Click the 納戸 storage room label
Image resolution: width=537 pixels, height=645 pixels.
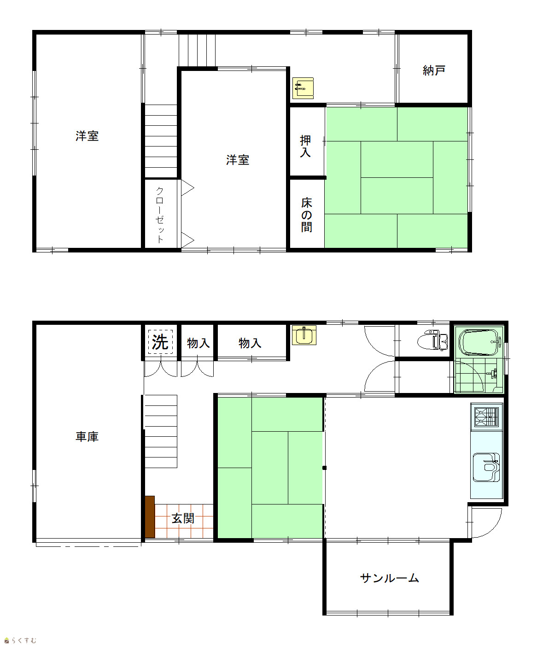pyautogui.click(x=433, y=70)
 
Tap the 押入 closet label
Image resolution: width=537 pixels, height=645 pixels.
pyautogui.click(x=305, y=146)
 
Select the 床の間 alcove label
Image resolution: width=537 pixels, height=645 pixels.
pyautogui.click(x=306, y=215)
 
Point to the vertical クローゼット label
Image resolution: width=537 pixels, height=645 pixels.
pyautogui.click(x=160, y=215)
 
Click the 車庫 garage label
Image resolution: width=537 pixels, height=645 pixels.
pyautogui.click(x=87, y=436)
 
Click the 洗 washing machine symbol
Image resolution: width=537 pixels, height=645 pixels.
pyautogui.click(x=160, y=342)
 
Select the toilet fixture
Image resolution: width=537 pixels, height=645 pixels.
pyautogui.click(x=432, y=340)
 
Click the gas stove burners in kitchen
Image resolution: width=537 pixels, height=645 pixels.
pyautogui.click(x=486, y=417)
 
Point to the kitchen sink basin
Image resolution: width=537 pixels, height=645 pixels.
pyautogui.click(x=486, y=467)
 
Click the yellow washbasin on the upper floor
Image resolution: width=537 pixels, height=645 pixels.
pyautogui.click(x=303, y=88)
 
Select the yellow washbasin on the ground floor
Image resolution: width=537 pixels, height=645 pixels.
pyautogui.click(x=304, y=335)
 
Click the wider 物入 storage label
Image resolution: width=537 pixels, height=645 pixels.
pyautogui.click(x=250, y=343)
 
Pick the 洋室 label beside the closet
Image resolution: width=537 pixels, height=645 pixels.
pyautogui.click(x=238, y=160)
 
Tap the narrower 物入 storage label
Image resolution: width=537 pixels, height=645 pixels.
pyautogui.click(x=198, y=343)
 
